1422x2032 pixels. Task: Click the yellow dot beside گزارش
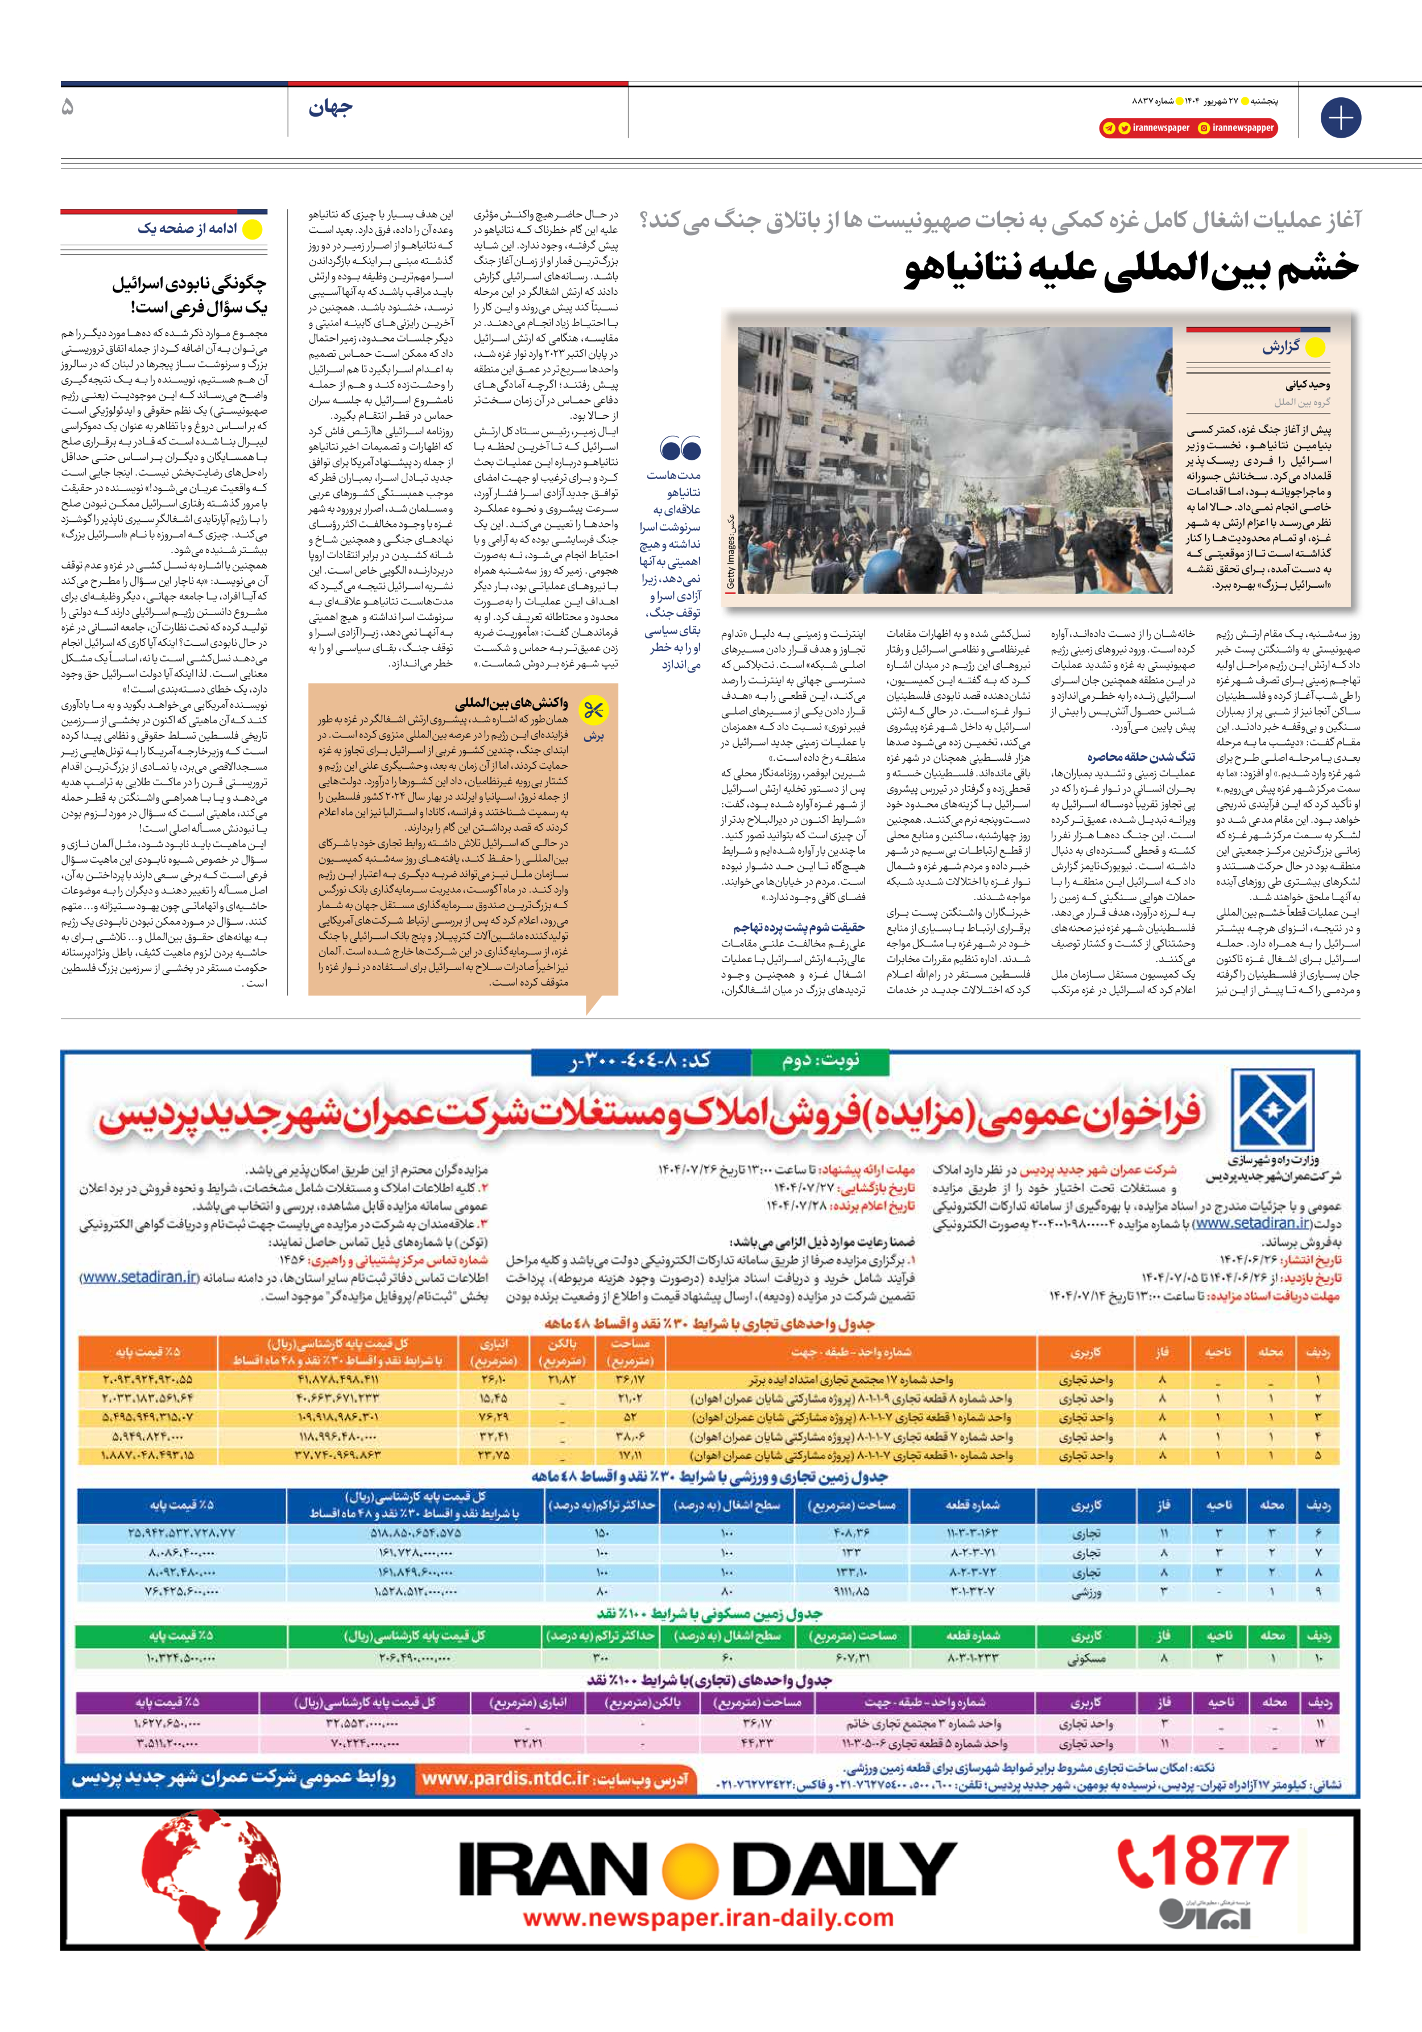1315,348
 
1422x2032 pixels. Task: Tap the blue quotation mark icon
680,449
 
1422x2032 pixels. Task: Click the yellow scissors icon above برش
593,710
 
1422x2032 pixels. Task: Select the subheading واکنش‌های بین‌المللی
511,703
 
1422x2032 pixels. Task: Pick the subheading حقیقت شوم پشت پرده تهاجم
798,928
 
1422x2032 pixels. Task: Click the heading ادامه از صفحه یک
187,228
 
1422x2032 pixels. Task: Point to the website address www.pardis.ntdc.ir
506,1779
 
